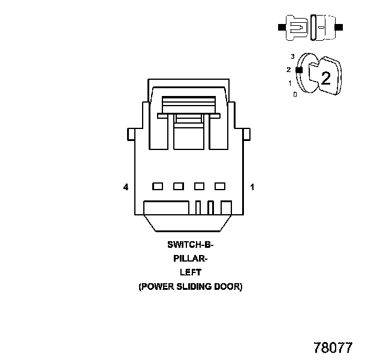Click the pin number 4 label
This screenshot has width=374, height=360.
coord(126,188)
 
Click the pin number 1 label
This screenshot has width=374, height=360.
coord(252,188)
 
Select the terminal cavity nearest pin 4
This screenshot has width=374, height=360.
coord(158,186)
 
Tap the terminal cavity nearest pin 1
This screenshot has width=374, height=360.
coord(220,186)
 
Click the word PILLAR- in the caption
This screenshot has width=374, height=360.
coord(190,259)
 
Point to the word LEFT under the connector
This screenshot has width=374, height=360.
coord(190,272)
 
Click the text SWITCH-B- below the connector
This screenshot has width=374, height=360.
coord(190,245)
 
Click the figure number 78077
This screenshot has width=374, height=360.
coord(333,347)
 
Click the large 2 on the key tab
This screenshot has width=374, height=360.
coord(325,77)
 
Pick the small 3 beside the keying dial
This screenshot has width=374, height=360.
coord(292,56)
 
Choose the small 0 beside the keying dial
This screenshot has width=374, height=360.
coord(295,94)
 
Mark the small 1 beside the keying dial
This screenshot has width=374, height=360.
coord(289,83)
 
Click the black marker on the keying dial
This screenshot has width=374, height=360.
coord(298,70)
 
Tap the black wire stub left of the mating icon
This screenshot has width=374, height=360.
coord(282,28)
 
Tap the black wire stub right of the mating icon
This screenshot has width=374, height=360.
coord(339,28)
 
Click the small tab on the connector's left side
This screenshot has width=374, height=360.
coord(130,134)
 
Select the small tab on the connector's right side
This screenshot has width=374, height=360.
coord(247,134)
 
